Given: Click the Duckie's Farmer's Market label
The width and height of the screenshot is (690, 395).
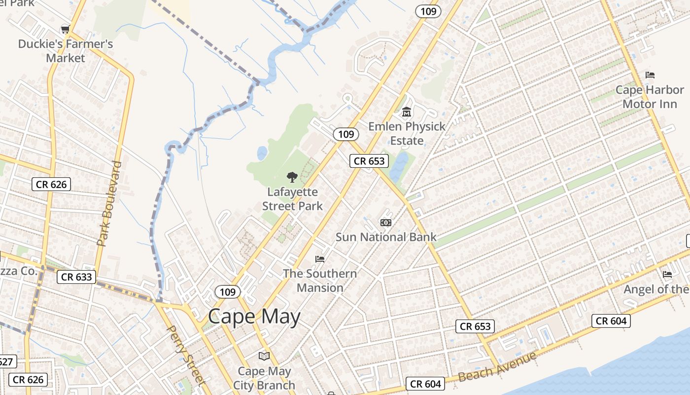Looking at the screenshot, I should [x=66, y=51].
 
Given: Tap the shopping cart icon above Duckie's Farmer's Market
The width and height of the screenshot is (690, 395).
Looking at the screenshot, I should [x=65, y=29].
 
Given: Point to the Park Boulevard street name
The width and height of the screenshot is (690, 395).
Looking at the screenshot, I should [x=109, y=203].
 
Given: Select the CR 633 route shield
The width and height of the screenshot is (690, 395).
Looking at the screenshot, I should [x=77, y=277].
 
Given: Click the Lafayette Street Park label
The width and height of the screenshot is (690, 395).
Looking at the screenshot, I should [x=292, y=199].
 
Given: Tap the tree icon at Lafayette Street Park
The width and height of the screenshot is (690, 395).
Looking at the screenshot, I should [x=292, y=177].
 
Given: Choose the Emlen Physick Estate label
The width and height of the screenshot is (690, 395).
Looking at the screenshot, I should [x=407, y=133].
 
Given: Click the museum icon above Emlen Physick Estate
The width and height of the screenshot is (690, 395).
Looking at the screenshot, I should [x=407, y=112].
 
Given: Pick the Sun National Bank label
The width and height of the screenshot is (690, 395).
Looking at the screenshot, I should [x=386, y=237].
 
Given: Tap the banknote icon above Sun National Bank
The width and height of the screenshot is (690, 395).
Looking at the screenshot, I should [x=386, y=223].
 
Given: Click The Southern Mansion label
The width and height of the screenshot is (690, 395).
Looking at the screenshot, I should [x=320, y=280].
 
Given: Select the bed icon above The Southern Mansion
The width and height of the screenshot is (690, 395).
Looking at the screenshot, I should [x=320, y=259].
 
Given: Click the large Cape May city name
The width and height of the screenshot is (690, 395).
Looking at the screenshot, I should [x=254, y=316].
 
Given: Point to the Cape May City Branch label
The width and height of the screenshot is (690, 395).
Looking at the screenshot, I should [x=264, y=378].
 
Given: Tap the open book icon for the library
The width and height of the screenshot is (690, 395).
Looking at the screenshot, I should [x=264, y=356].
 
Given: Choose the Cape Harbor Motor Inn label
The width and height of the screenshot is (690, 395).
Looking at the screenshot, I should [x=650, y=97].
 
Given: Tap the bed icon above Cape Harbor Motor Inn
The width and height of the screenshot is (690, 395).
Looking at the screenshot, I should [x=650, y=75].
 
